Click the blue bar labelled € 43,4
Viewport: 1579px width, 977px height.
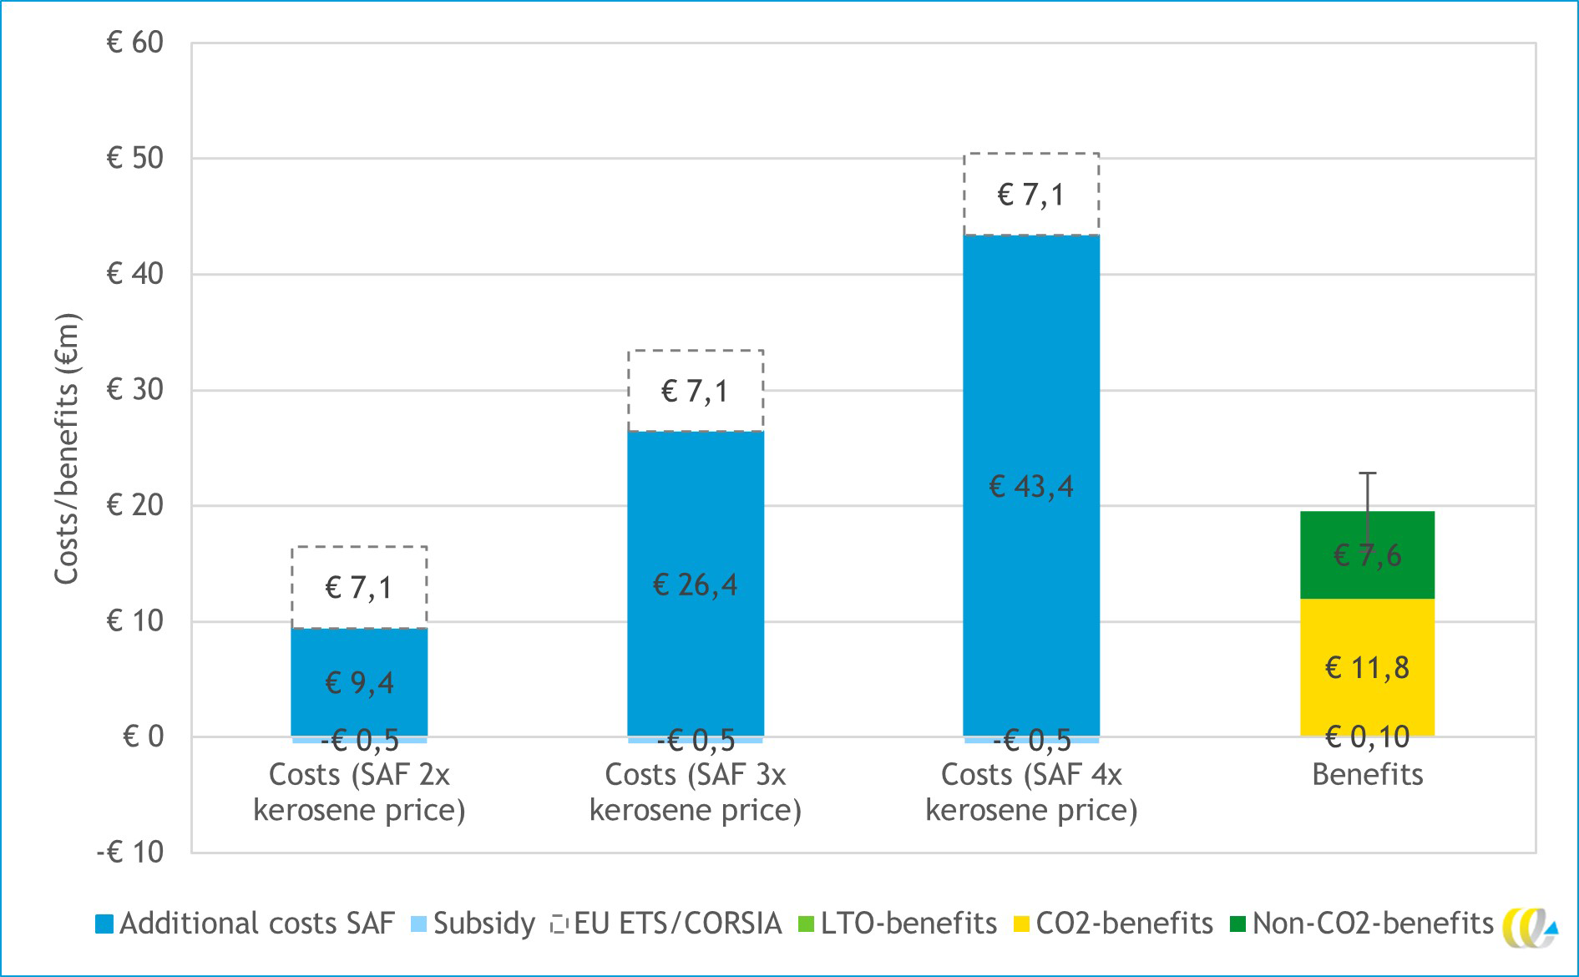pyautogui.click(x=1031, y=376)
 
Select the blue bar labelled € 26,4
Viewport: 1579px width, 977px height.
pyautogui.click(x=696, y=518)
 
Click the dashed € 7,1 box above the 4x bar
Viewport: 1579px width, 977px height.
pyautogui.click(x=1031, y=195)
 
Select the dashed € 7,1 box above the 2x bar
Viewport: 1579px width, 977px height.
pyautogui.click(x=359, y=587)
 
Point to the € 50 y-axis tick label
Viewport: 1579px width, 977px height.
pyautogui.click(x=135, y=158)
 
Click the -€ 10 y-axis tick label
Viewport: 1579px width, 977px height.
pyautogui.click(x=130, y=853)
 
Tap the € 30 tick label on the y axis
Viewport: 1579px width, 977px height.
pyautogui.click(x=135, y=389)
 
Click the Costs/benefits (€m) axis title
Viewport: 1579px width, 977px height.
pyautogui.click(x=67, y=449)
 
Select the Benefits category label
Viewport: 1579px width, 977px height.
pyautogui.click(x=1367, y=775)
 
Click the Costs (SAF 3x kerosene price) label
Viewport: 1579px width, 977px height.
pyautogui.click(x=696, y=792)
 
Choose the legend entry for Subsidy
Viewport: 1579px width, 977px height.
pyautogui.click(x=473, y=924)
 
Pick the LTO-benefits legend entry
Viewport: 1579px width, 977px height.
pyautogui.click(x=898, y=924)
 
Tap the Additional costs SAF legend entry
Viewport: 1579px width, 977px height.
pyautogui.click(x=245, y=924)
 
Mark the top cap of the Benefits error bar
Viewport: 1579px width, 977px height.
pyautogui.click(x=1367, y=473)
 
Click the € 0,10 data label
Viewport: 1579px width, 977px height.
pyautogui.click(x=1367, y=737)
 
